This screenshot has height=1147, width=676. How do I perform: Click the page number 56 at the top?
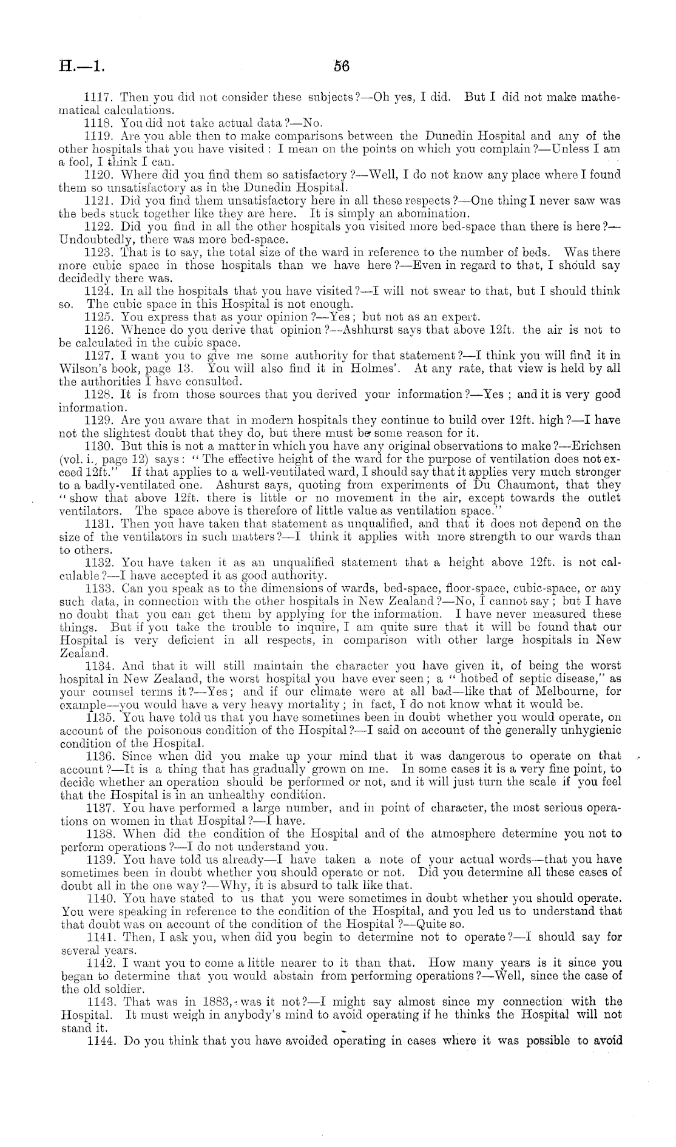[x=342, y=66]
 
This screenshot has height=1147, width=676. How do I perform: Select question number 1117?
[x=100, y=98]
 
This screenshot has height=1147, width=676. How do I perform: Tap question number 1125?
[x=100, y=316]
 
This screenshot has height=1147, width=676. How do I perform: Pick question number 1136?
[x=101, y=756]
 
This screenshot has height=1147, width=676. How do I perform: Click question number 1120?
[x=100, y=175]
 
